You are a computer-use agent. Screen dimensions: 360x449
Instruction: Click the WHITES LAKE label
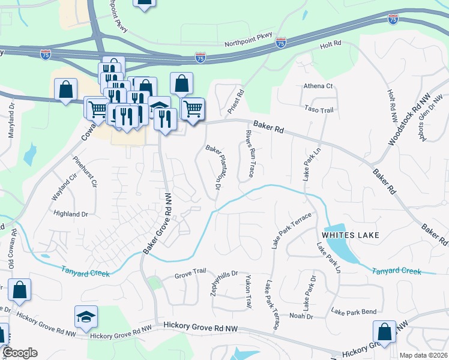(x=351, y=235)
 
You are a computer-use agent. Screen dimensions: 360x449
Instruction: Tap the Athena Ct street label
(x=318, y=86)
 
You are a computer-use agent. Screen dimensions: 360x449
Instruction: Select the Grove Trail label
(x=190, y=276)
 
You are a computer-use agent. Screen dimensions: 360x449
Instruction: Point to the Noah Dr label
(x=301, y=316)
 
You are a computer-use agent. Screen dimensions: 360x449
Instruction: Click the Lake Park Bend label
(x=354, y=312)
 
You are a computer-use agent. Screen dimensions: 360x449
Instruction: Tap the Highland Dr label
(x=71, y=214)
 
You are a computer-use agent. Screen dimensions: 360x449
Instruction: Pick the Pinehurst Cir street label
(x=85, y=172)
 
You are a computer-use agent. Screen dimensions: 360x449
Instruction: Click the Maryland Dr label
(x=11, y=121)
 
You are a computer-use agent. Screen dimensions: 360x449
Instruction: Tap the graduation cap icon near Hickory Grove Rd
(x=86, y=316)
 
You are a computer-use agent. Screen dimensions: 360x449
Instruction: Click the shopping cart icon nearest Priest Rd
(x=193, y=109)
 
